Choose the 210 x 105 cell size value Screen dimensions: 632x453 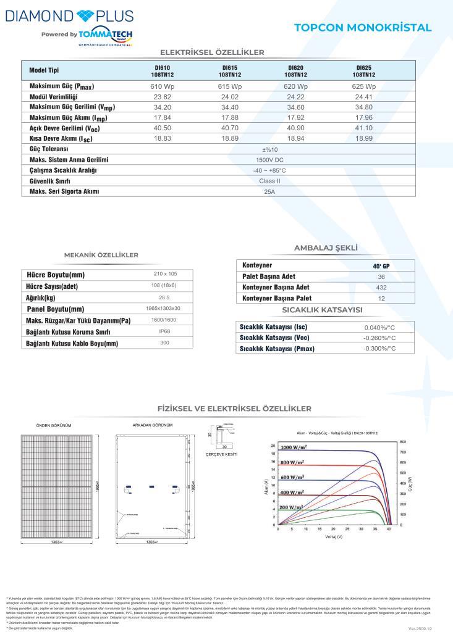point(165,273)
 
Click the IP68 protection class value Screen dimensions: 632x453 point(165,331)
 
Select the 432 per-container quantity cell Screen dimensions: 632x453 point(381,288)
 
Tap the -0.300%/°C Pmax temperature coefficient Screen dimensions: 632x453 point(379,349)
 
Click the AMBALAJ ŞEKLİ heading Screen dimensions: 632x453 point(326,248)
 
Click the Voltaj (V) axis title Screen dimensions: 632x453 point(334,537)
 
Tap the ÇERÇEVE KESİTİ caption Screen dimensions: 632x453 point(221,454)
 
